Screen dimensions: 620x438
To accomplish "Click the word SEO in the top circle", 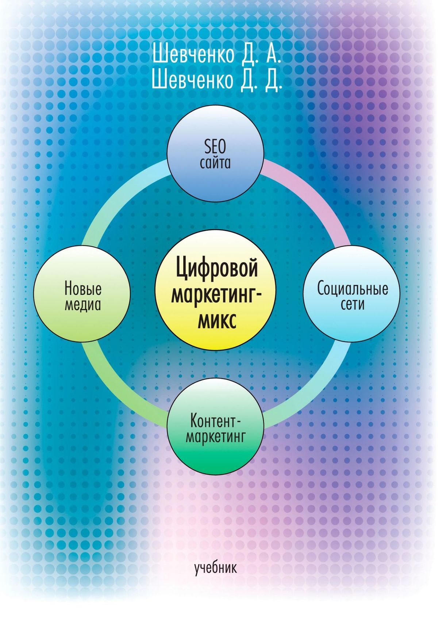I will coord(215,147).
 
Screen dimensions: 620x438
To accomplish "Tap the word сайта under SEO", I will coord(215,163).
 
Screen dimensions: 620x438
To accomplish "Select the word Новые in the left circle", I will coord(83,288).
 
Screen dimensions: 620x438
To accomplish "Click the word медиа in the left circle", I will coord(83,304).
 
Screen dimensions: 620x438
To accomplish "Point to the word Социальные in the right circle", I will coord(352,289).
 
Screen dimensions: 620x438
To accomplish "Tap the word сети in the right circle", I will coord(352,304).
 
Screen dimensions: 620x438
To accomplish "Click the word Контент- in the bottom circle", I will coord(215,421).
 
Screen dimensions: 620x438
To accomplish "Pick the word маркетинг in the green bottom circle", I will coord(215,437).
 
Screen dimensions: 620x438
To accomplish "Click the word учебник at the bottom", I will coord(215,568).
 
